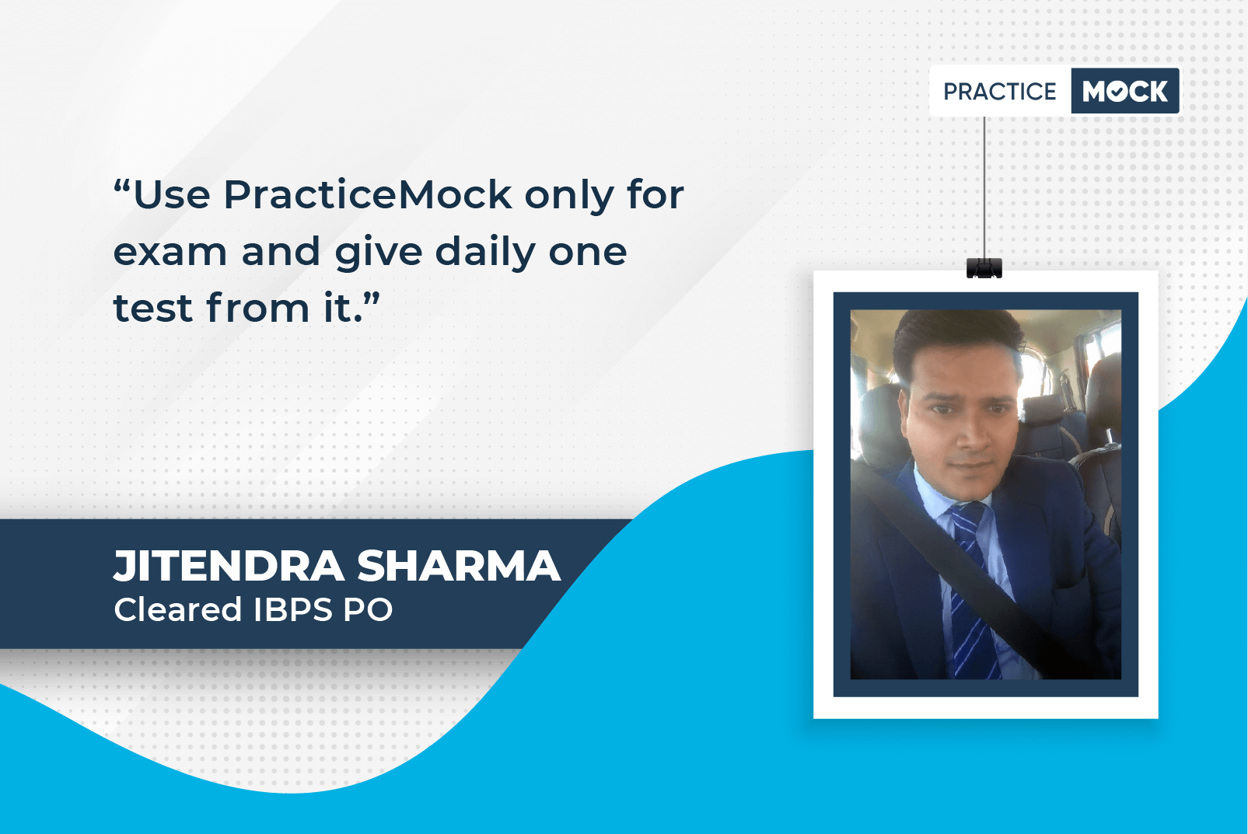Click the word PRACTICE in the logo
(999, 91)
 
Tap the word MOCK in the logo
(1125, 91)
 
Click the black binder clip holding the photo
(984, 268)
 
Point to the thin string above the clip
(984, 187)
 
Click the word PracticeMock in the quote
(368, 195)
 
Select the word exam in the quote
(170, 252)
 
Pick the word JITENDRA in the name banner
(229, 566)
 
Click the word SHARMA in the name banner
(459, 566)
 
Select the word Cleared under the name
(178, 609)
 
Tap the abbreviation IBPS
(292, 609)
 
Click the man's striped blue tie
(971, 590)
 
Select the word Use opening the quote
(172, 195)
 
